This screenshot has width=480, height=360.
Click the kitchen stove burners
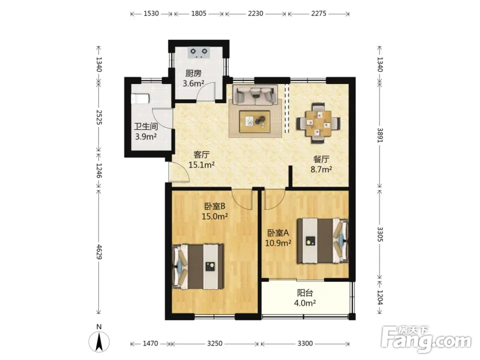click(198, 52)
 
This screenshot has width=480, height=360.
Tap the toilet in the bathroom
click(140, 98)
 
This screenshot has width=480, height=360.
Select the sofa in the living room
click(254, 94)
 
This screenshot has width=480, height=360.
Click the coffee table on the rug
click(254, 121)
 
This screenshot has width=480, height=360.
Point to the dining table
click(318, 123)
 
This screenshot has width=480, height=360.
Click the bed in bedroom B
click(198, 266)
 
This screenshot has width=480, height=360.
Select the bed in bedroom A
click(322, 240)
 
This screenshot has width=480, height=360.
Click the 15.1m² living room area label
click(201, 165)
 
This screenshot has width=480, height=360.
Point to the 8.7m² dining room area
click(321, 169)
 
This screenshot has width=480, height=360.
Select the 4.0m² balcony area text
click(305, 303)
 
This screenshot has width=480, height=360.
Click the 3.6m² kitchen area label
click(193, 83)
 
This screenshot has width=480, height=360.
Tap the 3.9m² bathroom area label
click(146, 136)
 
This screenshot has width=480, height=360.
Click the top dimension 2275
click(318, 13)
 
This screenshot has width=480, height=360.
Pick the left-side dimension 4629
click(99, 251)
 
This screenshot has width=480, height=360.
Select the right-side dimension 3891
click(380, 134)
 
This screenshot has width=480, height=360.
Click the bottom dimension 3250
click(214, 343)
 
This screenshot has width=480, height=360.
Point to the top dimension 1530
click(151, 13)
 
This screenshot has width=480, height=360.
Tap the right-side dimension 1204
click(380, 297)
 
